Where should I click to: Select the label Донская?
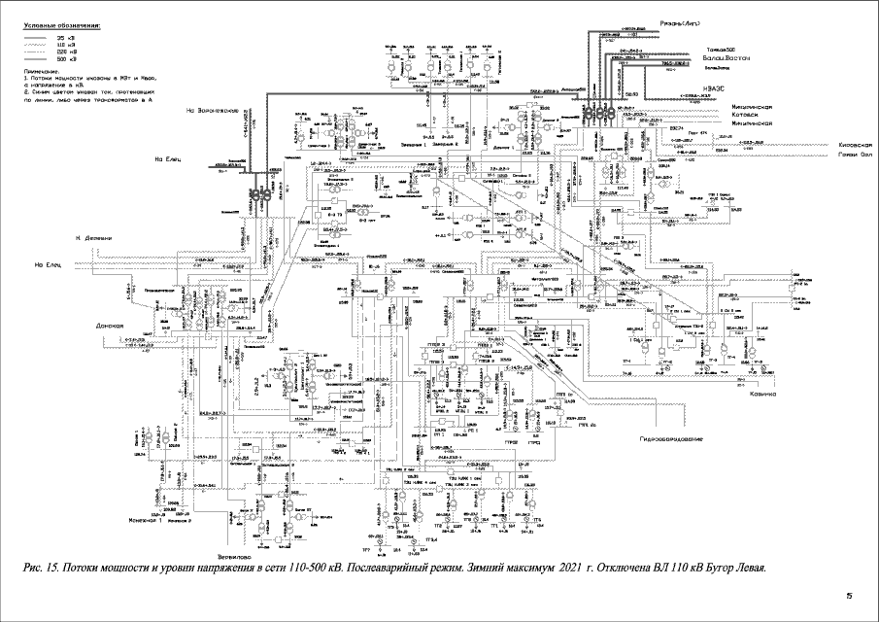point(112,326)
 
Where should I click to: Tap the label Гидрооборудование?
point(669,440)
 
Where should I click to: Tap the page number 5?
point(848,595)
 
